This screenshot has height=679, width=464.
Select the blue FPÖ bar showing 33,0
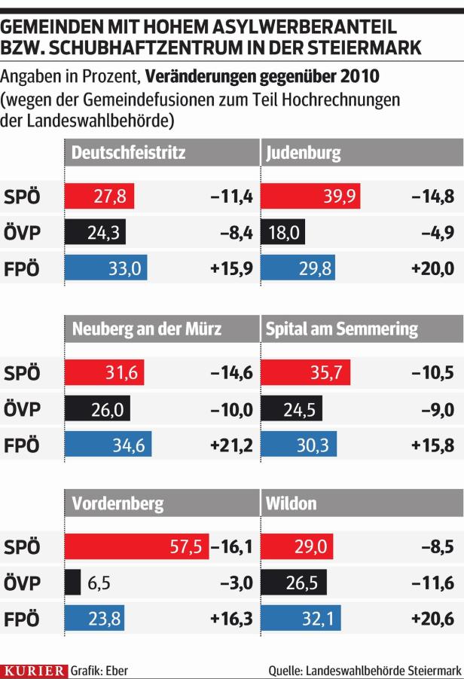pos(106,268)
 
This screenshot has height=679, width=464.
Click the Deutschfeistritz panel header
pos(128,153)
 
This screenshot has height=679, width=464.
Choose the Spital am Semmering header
pos(341,329)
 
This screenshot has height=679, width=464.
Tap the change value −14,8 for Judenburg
pos(433,197)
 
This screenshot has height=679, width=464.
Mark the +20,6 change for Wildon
pos(433,619)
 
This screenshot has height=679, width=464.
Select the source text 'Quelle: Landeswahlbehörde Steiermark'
pos(365,668)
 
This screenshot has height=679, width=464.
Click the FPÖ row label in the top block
pos(23,268)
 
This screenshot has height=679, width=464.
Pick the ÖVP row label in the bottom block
pos(23,583)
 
